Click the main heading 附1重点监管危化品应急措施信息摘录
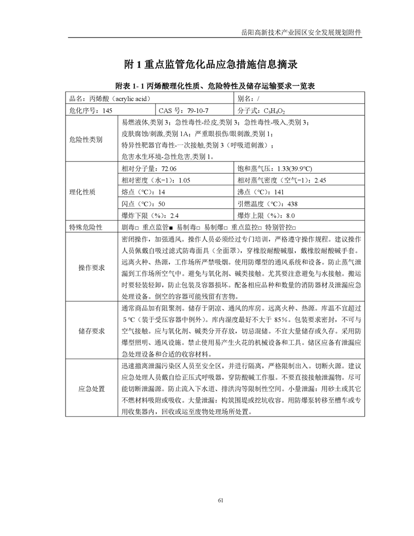pos(207,65)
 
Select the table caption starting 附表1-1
pos(207,86)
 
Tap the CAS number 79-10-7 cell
pos(190,110)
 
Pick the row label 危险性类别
pos(85,139)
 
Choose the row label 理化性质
pos(85,192)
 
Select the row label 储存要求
pos(92,331)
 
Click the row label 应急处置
pos(92,389)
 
